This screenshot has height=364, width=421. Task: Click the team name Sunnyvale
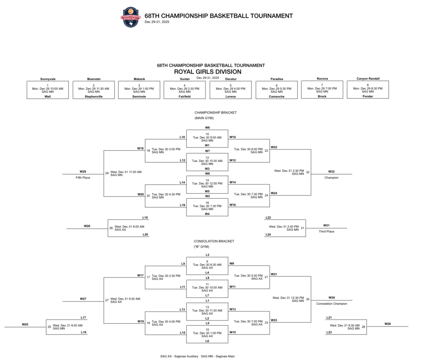pyautogui.click(x=47, y=78)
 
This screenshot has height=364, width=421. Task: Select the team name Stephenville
pyautogui.click(x=93, y=97)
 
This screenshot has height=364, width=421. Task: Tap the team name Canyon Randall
pyautogui.click(x=368, y=78)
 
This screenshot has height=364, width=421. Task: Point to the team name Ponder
pyautogui.click(x=368, y=96)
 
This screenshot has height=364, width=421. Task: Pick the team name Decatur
pyautogui.click(x=231, y=78)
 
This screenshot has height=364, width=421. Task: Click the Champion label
pyautogui.click(x=331, y=177)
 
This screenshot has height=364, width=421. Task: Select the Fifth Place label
pyautogui.click(x=83, y=177)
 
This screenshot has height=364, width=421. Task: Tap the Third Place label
pyautogui.click(x=326, y=231)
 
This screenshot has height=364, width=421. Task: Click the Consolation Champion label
pyautogui.click(x=331, y=304)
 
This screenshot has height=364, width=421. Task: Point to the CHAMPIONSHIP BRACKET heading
pyautogui.click(x=215, y=113)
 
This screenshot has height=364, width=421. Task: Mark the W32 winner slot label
pyautogui.click(x=331, y=171)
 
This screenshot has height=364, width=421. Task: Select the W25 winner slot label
pyautogui.click(x=25, y=324)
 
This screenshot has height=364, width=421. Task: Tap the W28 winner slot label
pyautogui.click(x=388, y=324)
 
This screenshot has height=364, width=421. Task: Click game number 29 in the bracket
pyautogui.click(x=107, y=173)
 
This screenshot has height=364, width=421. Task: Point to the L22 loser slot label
pyautogui.click(x=268, y=217)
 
